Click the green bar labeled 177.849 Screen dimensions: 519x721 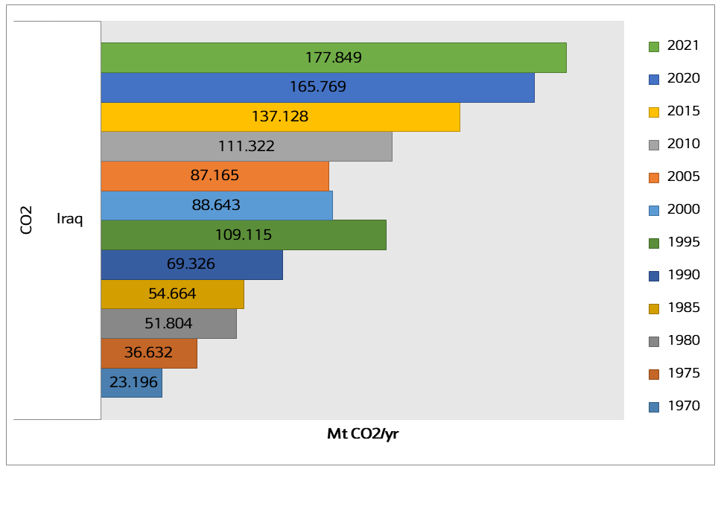coord(333,57)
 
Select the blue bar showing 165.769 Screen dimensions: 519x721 coord(317,87)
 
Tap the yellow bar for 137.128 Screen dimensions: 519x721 coord(280,117)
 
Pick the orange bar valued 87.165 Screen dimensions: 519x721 coord(215,176)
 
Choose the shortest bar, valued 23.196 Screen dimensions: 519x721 coord(131,383)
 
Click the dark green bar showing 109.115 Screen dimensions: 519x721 coord(243,235)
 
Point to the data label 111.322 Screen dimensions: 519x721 coord(246,147)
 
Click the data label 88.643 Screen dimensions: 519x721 coord(216,205)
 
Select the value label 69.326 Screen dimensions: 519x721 coord(191,264)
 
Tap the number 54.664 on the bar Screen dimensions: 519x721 coord(172,294)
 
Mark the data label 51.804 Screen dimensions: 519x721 coord(168,324)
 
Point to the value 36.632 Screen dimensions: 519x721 coord(148,353)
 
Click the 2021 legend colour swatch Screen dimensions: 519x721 coord(654,46)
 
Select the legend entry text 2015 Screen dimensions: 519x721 coord(683,111)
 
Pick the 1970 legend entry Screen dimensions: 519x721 coord(683,406)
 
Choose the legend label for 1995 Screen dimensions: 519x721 coord(683,242)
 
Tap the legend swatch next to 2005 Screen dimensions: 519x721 coord(654,177)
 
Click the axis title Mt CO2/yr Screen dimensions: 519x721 coord(363,434)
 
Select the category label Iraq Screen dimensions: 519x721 coord(69,220)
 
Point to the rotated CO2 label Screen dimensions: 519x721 coord(27,221)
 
